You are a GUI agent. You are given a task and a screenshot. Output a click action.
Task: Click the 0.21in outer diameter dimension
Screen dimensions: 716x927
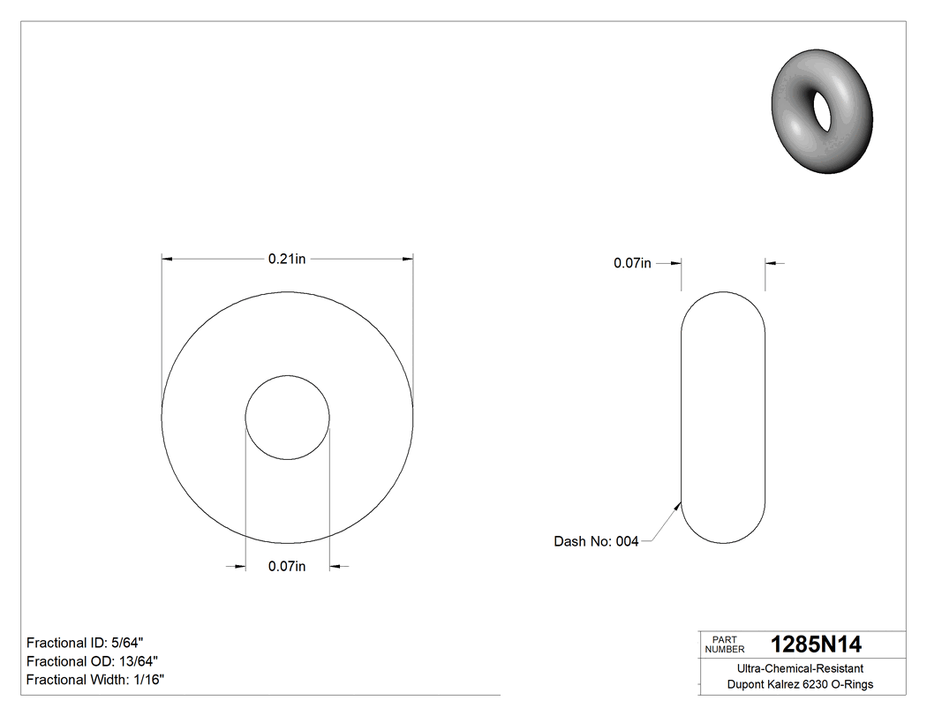tap(287, 259)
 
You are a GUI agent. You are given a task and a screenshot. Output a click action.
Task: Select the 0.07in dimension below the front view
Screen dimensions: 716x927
tap(287, 567)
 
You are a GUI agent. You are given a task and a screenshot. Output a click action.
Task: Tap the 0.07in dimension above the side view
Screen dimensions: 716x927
tap(632, 263)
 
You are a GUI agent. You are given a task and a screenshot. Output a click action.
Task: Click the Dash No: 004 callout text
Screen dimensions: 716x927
tap(596, 541)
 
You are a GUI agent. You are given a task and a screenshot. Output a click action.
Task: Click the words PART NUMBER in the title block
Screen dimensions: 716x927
tap(724, 644)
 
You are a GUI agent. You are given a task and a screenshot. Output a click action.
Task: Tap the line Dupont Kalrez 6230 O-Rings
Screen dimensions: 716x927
tap(800, 684)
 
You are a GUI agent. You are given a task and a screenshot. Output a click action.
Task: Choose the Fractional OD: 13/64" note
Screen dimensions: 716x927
tap(92, 661)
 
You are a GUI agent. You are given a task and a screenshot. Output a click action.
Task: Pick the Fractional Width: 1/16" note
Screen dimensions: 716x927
tap(95, 680)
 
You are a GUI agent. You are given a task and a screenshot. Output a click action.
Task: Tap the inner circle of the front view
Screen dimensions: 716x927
tap(287, 417)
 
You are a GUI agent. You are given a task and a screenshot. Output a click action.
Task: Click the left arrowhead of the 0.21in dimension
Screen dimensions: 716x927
tap(166, 259)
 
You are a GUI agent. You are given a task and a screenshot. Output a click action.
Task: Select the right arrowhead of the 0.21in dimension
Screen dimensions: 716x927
tap(408, 259)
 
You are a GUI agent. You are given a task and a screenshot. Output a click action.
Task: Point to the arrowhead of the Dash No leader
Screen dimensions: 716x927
tap(678, 505)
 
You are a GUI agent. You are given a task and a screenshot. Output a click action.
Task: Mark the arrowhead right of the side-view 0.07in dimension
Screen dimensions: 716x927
tap(771, 263)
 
